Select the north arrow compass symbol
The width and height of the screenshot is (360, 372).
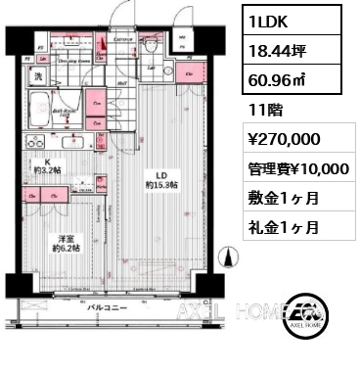point(230,257)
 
